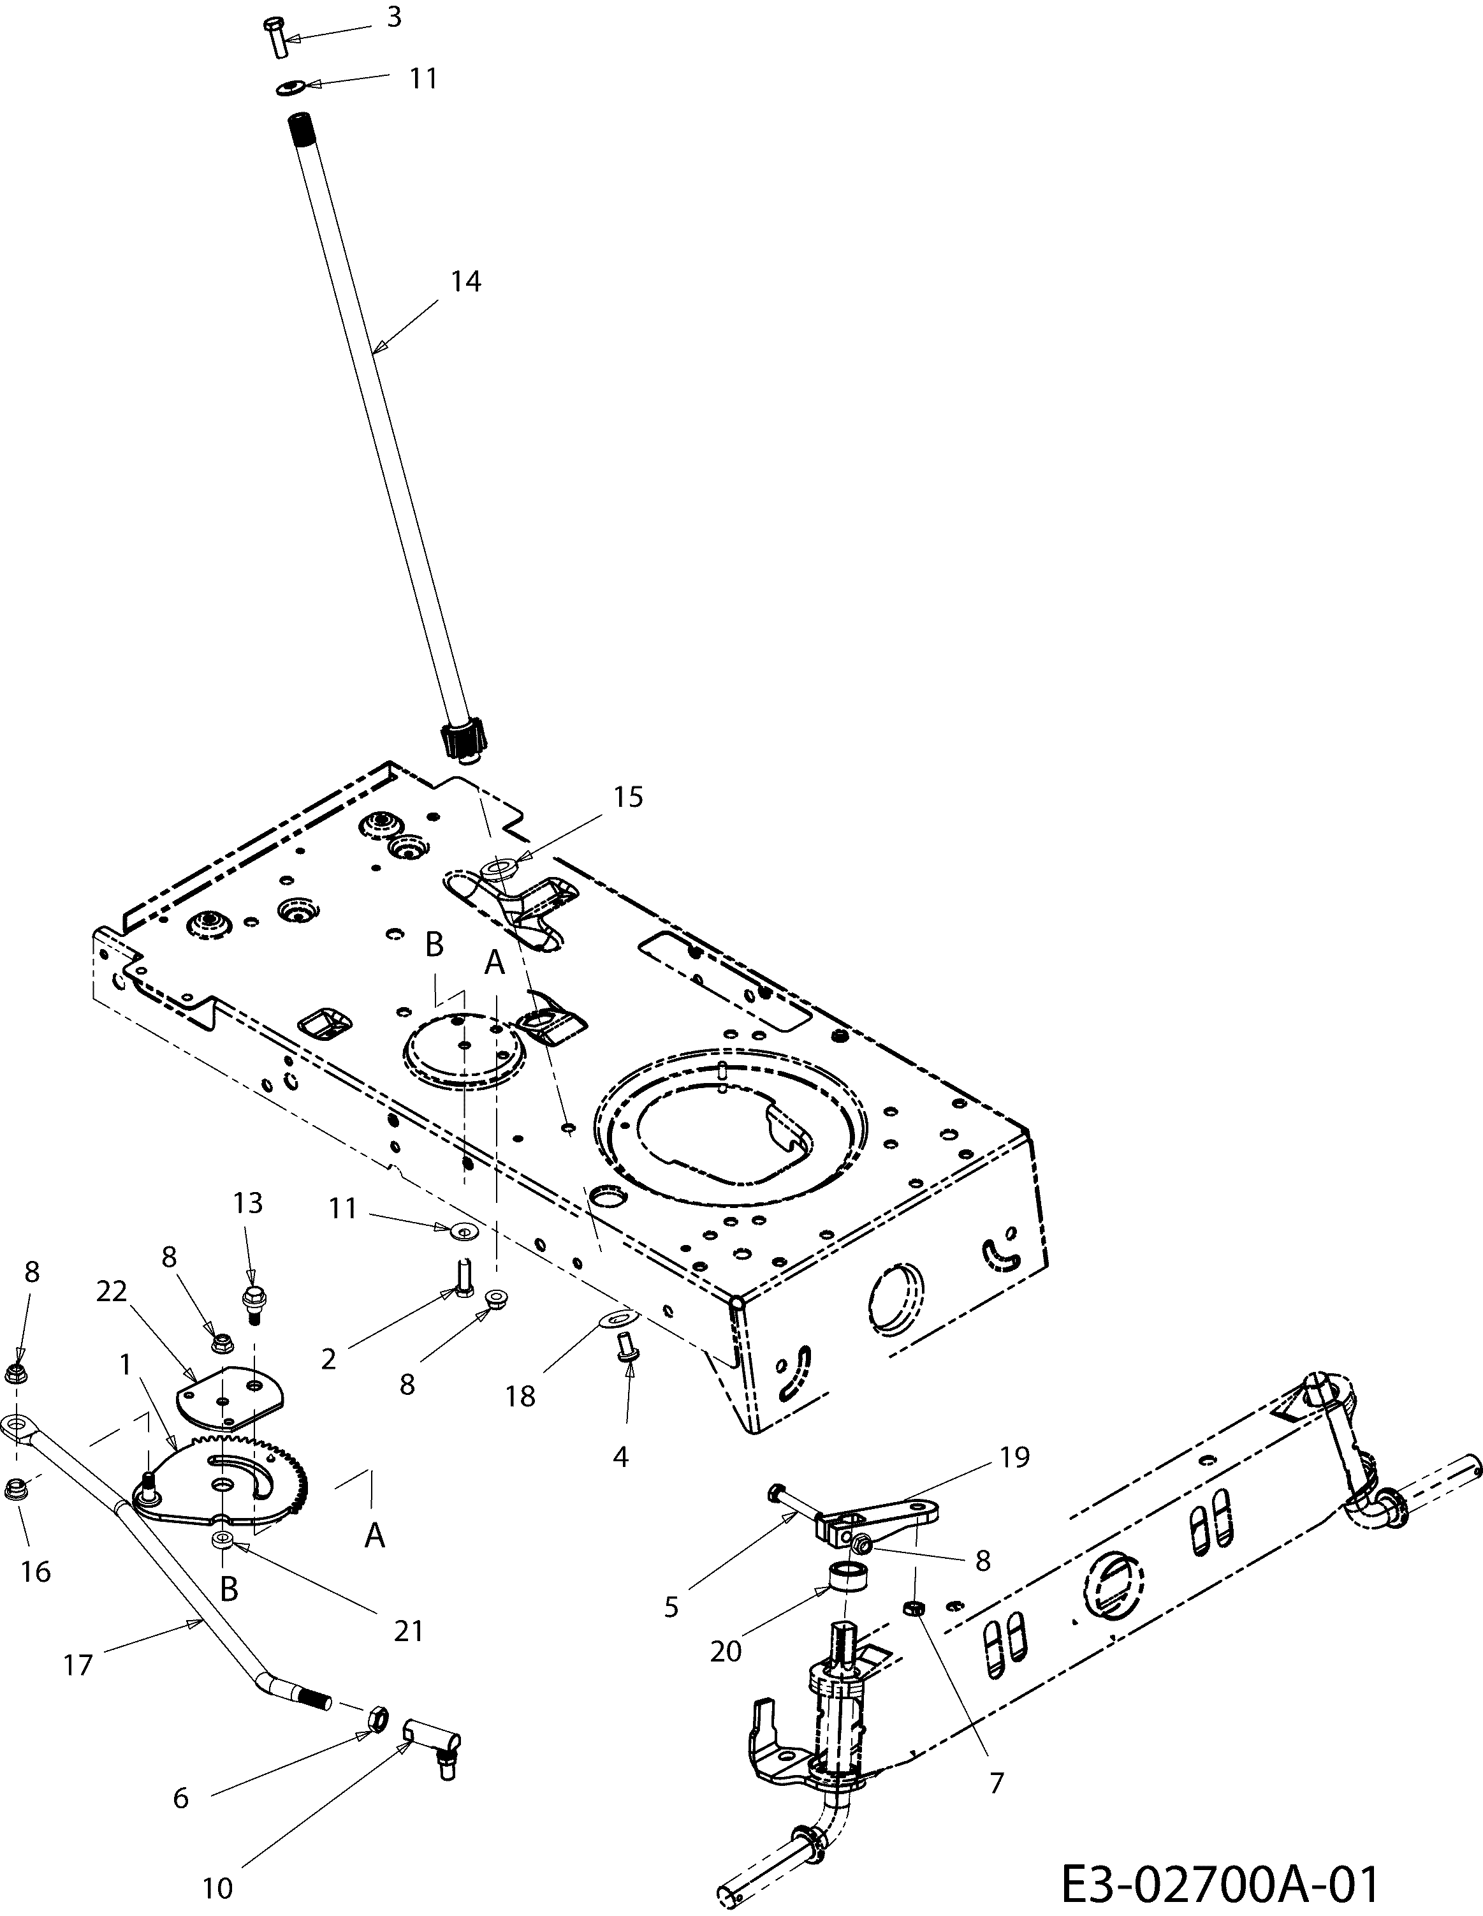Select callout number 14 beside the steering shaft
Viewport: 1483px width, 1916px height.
point(465,282)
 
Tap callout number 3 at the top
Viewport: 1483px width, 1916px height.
point(395,17)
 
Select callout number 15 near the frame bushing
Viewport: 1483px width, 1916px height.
point(628,797)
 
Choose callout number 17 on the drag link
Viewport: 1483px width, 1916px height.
point(78,1664)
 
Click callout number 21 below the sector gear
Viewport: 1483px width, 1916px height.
point(409,1631)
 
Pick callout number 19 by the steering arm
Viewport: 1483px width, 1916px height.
point(1013,1457)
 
